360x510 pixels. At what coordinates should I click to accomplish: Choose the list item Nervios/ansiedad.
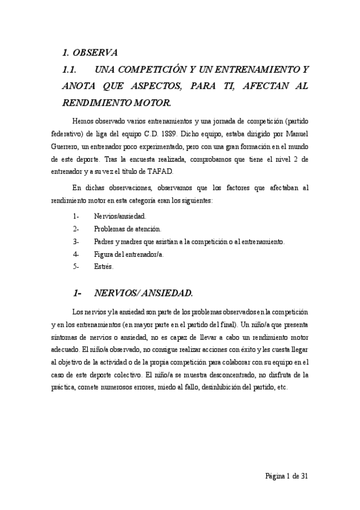click(120, 215)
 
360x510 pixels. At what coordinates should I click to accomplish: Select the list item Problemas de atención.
click(127, 229)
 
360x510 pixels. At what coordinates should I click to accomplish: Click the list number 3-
click(76, 242)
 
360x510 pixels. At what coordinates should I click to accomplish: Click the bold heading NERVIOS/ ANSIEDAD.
click(144, 293)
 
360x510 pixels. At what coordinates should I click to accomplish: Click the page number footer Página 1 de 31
click(287, 476)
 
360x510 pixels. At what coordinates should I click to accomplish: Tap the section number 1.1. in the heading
click(72, 70)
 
